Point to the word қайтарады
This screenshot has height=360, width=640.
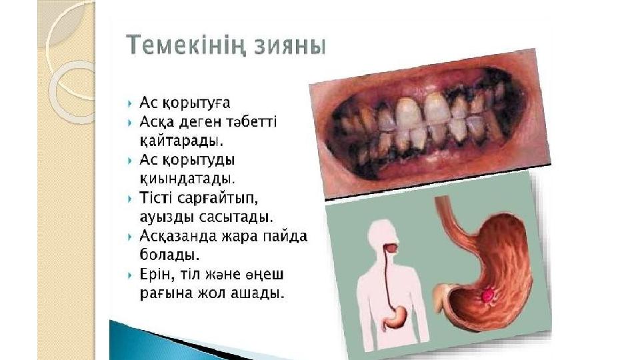pyautogui.click(x=181, y=141)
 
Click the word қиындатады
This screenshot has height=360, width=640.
pyautogui.click(x=187, y=179)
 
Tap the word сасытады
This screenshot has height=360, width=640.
pyautogui.click(x=236, y=216)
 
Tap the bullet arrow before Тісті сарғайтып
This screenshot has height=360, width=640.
pyautogui.click(x=130, y=199)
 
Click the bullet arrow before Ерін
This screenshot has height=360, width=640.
pyautogui.click(x=130, y=275)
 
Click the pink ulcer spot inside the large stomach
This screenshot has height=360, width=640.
pyautogui.click(x=487, y=295)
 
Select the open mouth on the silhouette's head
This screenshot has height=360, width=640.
pyautogui.click(x=391, y=248)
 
